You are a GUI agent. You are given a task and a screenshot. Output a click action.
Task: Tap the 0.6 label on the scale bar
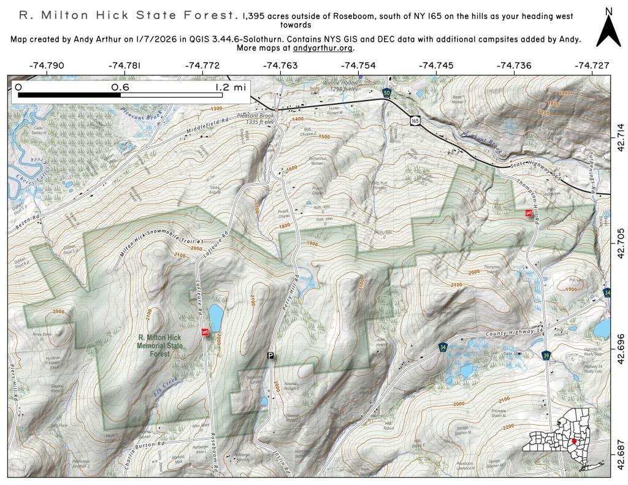[120, 88]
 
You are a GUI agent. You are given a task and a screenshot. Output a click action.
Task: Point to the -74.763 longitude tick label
[280, 65]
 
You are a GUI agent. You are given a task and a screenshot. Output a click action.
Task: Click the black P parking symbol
[270, 356]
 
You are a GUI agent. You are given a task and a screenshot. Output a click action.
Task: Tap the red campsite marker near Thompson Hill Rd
[529, 213]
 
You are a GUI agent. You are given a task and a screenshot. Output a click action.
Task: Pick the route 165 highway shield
[416, 121]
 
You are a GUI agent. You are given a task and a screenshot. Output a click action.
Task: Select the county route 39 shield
[546, 356]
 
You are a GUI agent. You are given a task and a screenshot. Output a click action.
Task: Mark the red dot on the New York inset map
[573, 441]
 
